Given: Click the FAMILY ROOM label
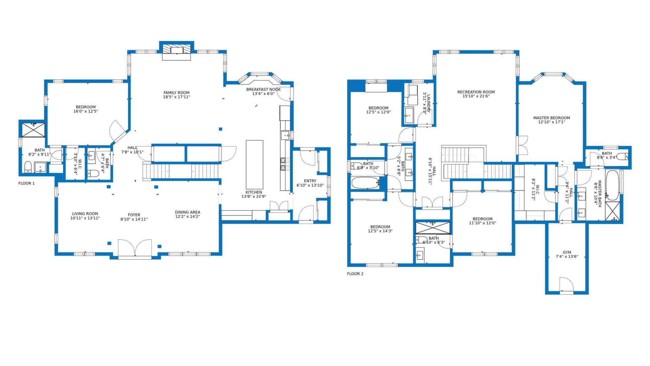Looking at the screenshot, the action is click(x=176, y=93).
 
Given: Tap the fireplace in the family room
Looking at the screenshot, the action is click(x=176, y=50).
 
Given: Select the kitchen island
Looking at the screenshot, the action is click(x=254, y=165).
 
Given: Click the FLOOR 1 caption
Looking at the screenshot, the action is click(x=26, y=183).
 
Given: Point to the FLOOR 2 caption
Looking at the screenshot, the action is click(x=355, y=274).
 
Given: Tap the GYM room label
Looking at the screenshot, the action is click(x=567, y=252).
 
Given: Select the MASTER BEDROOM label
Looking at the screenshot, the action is click(x=551, y=118).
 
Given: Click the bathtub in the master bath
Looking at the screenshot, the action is click(x=612, y=185).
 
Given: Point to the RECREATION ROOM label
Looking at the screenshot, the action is click(x=476, y=92).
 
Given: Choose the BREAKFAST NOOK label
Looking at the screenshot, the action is click(x=263, y=89).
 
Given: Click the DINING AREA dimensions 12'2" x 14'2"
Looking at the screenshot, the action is click(x=188, y=217).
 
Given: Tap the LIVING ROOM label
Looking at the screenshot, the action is click(x=85, y=214).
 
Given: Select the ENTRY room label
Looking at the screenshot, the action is click(x=310, y=181).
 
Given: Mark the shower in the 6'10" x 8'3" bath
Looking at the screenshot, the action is click(x=433, y=228).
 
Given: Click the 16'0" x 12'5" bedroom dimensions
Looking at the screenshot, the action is click(x=86, y=111).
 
